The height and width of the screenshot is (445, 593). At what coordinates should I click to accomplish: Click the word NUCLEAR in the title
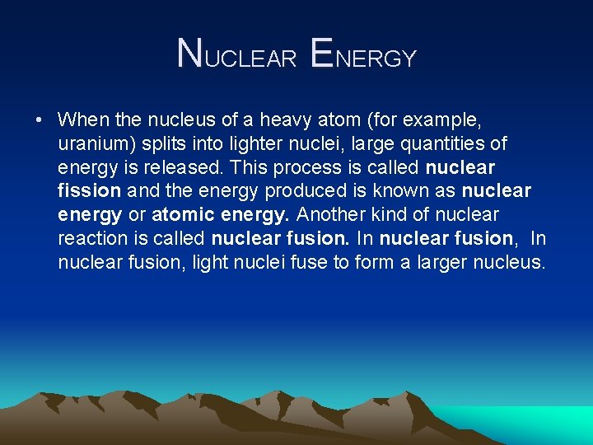pyautogui.click(x=237, y=56)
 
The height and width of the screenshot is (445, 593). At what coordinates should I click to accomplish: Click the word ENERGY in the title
pyautogui.click(x=364, y=56)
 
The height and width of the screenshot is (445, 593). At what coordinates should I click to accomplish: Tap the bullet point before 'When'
pyautogui.click(x=40, y=120)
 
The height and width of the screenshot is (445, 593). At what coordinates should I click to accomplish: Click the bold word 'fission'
pyautogui.click(x=90, y=191)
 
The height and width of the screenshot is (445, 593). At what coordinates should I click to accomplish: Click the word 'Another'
pyautogui.click(x=331, y=215)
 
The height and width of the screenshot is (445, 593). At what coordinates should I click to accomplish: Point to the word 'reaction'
pyautogui.click(x=90, y=239)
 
